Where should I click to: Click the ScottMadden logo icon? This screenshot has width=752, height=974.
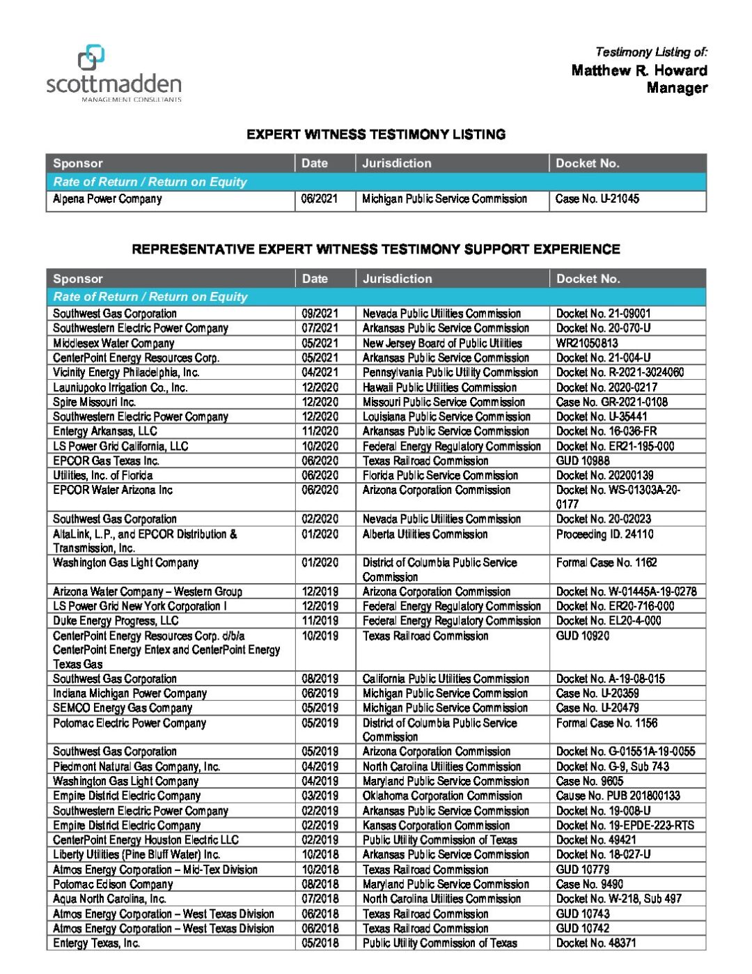[91, 58]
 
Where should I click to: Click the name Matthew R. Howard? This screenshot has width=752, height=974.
[639, 70]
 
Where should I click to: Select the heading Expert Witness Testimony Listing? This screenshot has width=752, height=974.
[376, 134]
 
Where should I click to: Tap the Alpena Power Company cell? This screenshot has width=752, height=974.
[107, 199]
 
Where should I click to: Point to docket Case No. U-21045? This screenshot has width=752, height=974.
[597, 199]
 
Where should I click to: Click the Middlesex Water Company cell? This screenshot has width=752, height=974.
[113, 343]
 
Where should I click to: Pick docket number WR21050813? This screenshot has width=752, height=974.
[587, 343]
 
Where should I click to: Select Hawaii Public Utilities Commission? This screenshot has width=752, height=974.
[439, 387]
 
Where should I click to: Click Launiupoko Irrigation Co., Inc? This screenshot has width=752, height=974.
[120, 387]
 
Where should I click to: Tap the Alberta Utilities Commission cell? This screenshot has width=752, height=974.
[425, 534]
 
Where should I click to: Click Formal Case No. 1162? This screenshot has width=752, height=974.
[606, 562]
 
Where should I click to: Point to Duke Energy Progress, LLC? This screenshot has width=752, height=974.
[116, 621]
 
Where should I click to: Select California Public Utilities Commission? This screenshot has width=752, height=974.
[446, 679]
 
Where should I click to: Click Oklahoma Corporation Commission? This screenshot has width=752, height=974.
[442, 796]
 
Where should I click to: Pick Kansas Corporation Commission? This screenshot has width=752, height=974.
[436, 825]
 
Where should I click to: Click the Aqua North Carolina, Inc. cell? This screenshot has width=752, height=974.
[109, 899]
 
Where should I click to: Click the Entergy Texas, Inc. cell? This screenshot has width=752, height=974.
[97, 943]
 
